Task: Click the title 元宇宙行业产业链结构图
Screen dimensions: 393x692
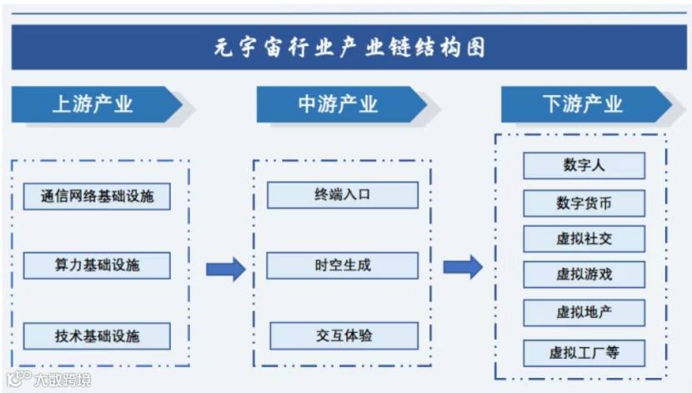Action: tap(346, 47)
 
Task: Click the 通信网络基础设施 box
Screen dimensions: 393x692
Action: tap(97, 197)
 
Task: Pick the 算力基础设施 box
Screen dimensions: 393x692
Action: tap(97, 266)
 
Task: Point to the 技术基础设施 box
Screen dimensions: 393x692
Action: tap(97, 336)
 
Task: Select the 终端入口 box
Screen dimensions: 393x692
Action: tap(342, 195)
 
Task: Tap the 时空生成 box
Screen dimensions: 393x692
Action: tap(342, 265)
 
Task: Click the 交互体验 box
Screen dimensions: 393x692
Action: tap(342, 335)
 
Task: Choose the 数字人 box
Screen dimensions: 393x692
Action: tap(584, 165)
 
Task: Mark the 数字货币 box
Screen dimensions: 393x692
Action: tap(584, 203)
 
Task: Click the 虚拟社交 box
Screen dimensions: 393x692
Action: tap(584, 239)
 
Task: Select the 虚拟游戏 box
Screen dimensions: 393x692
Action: tap(584, 275)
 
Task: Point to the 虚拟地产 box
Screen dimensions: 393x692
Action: tap(584, 313)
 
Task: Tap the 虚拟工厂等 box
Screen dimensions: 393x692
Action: tap(584, 352)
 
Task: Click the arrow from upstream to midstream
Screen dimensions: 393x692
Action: tap(225, 268)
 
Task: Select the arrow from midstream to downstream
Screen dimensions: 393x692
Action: tap(463, 267)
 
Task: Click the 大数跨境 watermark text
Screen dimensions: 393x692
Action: tap(63, 380)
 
